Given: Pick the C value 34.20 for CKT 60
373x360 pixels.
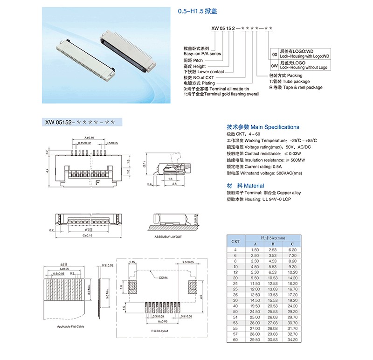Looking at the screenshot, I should pos(292,353).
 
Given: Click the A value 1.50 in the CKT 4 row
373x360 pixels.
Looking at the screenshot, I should pos(255,250).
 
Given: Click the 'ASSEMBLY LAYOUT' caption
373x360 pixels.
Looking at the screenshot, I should pos(168,237).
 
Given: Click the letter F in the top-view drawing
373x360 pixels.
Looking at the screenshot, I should pos(98,182).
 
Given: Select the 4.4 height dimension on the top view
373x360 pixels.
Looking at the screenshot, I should pos(48,171).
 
